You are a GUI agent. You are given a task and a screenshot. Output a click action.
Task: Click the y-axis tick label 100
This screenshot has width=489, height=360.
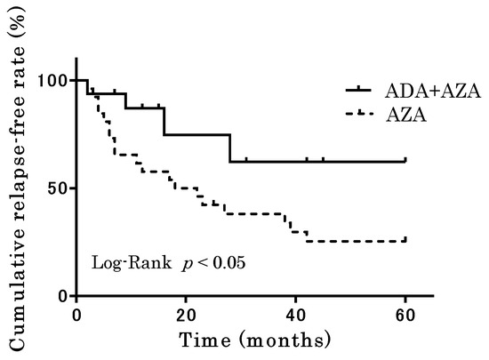tap(54, 81)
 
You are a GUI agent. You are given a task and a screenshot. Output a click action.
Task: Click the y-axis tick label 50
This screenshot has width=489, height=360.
tap(59, 188)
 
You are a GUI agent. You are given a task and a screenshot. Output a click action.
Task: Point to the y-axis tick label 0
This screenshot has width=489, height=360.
tap(63, 296)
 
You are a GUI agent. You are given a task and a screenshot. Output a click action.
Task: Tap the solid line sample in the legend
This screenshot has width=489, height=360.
tap(360, 90)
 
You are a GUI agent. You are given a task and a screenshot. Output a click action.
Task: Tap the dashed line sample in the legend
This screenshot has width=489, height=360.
tap(360, 114)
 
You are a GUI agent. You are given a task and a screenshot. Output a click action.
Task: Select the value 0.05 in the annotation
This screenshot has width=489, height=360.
tap(228, 263)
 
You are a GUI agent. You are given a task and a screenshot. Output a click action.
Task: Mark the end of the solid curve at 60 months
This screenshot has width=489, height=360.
tap(405, 162)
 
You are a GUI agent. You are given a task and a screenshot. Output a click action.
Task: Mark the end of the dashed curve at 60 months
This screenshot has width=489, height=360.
tap(405, 241)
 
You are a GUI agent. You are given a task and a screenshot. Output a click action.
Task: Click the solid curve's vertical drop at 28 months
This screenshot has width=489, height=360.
tap(230, 148)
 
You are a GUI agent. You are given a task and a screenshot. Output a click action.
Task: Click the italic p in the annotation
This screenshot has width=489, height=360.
tap(189, 264)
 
